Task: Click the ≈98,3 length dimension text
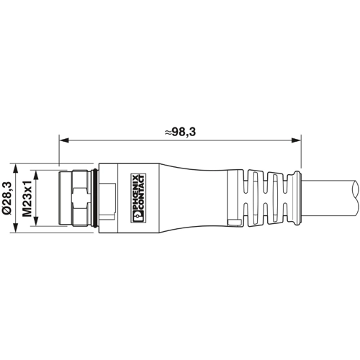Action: [x=180, y=132]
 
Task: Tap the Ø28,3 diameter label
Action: [x=6, y=198]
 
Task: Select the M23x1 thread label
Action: [x=27, y=199]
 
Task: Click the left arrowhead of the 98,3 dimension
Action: [x=64, y=140]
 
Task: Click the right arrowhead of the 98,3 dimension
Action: [x=296, y=140]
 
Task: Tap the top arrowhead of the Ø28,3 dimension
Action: [x=15, y=168]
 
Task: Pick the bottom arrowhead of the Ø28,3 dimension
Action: [x=15, y=228]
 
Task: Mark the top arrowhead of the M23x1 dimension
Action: [x=36, y=175]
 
